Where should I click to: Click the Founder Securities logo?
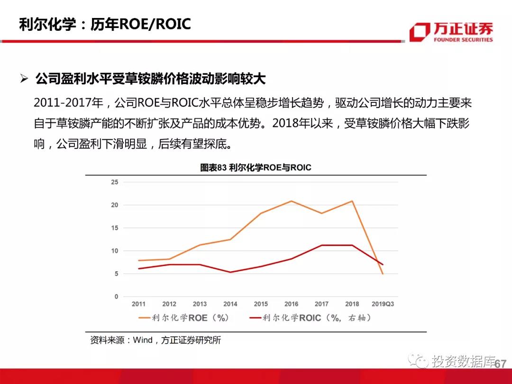point(451,32)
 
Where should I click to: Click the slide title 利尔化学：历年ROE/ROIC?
point(105,24)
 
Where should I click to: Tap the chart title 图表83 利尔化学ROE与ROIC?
point(256,167)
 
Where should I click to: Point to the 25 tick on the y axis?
point(114,182)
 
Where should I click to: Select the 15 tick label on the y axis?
point(114,228)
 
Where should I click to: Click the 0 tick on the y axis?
point(116,297)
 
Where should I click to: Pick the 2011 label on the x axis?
point(138,304)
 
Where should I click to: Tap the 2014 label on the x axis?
point(230,304)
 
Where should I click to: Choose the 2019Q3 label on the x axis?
point(383,304)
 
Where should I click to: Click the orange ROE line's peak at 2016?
point(291,201)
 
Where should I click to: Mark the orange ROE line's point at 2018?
point(352,201)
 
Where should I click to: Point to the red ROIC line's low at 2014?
point(230,272)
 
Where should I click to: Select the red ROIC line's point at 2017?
point(321,245)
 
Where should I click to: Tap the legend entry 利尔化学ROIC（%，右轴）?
point(310,318)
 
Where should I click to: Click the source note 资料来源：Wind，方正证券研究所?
point(155,340)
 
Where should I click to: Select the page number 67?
point(501,364)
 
